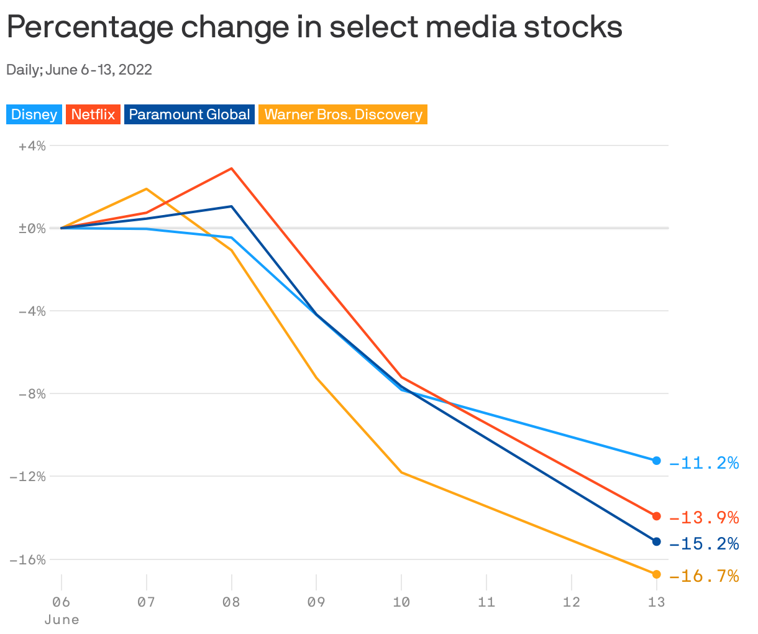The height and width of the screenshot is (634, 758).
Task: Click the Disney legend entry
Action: click(34, 114)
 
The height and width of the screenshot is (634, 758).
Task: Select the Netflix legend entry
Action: click(93, 114)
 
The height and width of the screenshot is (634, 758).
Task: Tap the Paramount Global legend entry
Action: click(189, 114)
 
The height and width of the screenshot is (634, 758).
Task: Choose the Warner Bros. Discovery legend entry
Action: click(343, 114)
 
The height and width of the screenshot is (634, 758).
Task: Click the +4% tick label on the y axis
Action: click(32, 146)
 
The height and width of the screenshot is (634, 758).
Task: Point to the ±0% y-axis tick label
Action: click(32, 229)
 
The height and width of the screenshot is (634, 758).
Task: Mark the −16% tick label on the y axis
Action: click(28, 559)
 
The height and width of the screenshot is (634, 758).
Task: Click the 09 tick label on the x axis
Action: click(316, 602)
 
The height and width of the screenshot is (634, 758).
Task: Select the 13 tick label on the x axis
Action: click(656, 602)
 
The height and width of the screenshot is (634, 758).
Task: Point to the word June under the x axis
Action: click(61, 620)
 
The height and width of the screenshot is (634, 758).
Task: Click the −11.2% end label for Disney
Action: click(704, 463)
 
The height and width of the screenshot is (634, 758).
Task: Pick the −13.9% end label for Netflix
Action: click(704, 517)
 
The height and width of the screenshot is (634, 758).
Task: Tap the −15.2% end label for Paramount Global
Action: click(704, 544)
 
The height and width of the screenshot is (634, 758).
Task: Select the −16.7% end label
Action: click(704, 576)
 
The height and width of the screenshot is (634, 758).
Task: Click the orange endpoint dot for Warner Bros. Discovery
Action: click(657, 574)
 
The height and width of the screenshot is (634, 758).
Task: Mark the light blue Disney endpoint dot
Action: click(657, 460)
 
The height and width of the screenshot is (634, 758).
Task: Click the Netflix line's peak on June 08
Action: click(232, 168)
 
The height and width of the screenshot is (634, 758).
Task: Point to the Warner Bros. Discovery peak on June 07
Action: click(147, 189)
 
